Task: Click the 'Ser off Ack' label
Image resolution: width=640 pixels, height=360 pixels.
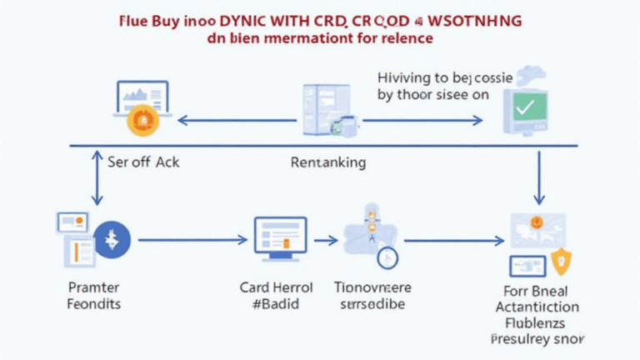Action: tap(143, 162)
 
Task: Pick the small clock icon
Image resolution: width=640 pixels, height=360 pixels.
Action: tap(387, 257)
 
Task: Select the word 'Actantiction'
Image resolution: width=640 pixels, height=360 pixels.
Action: tap(537, 307)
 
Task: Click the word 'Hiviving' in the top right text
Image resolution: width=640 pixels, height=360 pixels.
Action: tap(407, 77)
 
